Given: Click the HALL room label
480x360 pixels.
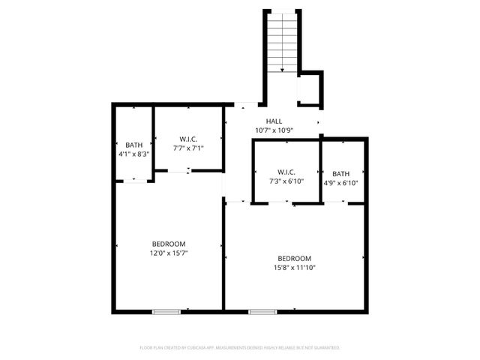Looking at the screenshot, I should click(x=274, y=121).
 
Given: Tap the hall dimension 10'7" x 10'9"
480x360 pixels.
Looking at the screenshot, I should click(x=274, y=130).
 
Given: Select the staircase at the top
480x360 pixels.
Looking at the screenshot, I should click(x=283, y=42).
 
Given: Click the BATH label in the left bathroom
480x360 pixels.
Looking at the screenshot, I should click(x=133, y=145).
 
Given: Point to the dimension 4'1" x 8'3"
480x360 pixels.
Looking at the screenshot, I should click(x=133, y=154).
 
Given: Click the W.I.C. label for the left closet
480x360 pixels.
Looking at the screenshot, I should click(x=188, y=139).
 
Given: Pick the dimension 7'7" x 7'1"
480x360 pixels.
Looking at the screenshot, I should click(x=188, y=148).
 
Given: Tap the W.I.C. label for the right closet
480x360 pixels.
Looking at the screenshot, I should click(x=286, y=172).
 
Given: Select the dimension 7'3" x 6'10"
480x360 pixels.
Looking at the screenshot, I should click(x=286, y=181).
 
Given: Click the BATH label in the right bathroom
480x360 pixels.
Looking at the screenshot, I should click(x=341, y=173).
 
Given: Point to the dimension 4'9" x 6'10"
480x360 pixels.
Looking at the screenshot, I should click(x=341, y=182).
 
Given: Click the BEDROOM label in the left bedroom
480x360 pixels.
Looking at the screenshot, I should click(x=169, y=244).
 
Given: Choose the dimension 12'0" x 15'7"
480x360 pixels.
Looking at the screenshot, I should click(x=169, y=253).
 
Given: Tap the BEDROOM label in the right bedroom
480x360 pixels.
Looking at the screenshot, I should click(x=294, y=259).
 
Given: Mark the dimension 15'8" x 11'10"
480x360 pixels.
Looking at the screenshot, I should click(x=294, y=268).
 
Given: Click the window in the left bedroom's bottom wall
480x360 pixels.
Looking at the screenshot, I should click(x=166, y=311).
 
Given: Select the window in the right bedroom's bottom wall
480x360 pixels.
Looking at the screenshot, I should click(x=262, y=311).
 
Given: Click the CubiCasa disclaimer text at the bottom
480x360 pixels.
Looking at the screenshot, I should click(x=240, y=348).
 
